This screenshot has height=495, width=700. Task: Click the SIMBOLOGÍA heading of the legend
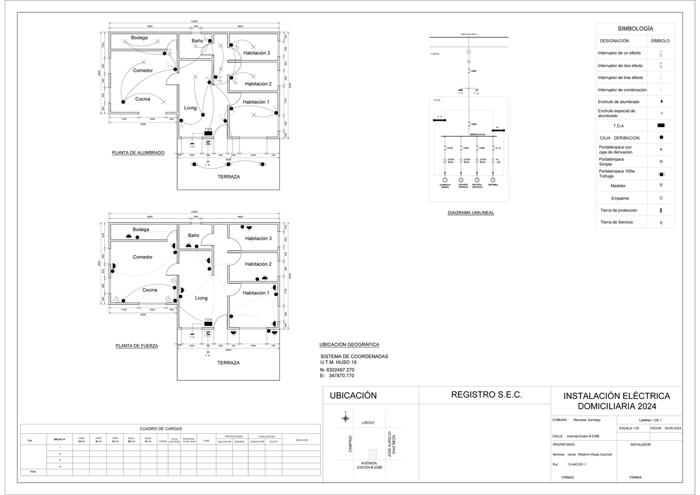coord(635,29)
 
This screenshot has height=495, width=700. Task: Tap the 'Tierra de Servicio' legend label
coord(617,222)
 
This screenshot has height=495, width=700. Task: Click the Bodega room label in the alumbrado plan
coord(139,38)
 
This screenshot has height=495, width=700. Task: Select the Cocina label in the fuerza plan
coord(150,290)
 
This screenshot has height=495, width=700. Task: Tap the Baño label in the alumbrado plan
coord(197,41)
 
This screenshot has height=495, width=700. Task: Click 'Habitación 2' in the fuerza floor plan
coord(258,264)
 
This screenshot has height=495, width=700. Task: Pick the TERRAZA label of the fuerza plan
coord(228,363)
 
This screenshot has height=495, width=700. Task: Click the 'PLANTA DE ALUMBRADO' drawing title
coord(138,153)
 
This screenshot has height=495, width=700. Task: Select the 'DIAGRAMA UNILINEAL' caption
coord(471,213)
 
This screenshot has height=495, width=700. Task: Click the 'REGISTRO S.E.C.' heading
coord(486,395)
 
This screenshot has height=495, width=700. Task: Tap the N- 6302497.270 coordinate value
coord(337,370)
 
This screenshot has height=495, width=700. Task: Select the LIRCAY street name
coord(368,423)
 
